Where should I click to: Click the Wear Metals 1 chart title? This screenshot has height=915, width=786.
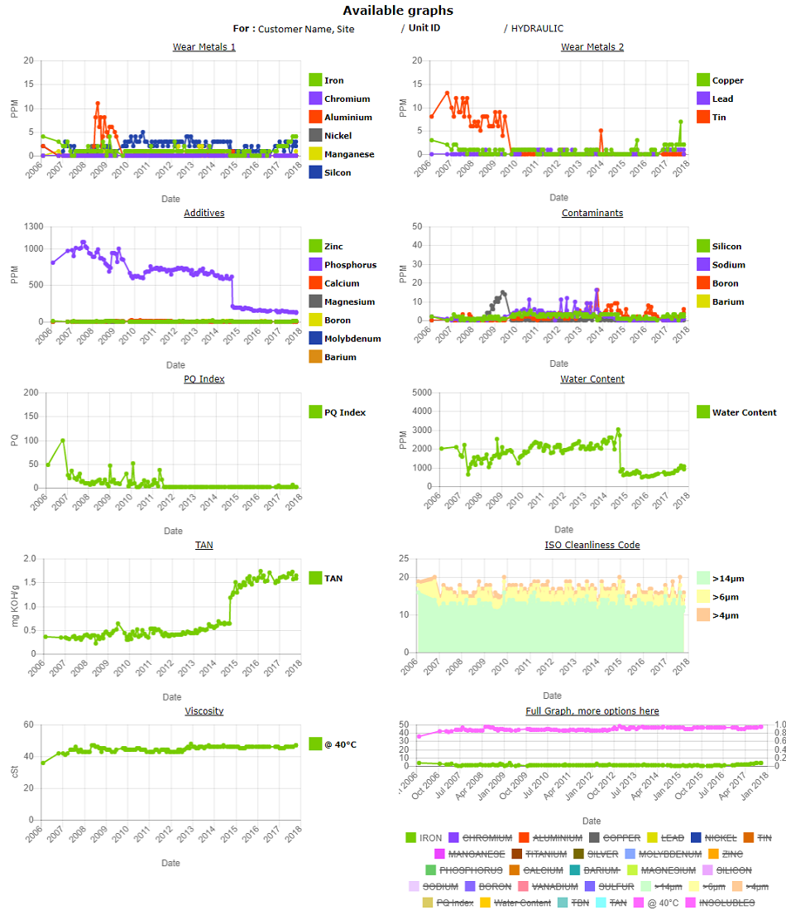pos(204,46)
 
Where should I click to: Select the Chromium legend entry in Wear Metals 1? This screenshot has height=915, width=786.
pos(347,99)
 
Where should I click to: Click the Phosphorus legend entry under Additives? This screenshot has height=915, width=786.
pos(350,265)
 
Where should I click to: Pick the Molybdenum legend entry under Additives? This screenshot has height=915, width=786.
pos(352,339)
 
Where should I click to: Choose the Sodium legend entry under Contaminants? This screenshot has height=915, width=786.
pos(728,265)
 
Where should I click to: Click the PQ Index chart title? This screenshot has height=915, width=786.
pos(204,378)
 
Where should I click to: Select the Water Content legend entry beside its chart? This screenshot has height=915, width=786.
pos(744,412)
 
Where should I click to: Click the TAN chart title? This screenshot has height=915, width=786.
pos(204,545)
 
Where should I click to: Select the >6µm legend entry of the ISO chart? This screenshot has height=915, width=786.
pos(725,597)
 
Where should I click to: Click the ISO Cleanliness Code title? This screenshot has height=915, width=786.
pos(592,545)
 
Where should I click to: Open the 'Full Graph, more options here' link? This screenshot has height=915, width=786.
pos(592,711)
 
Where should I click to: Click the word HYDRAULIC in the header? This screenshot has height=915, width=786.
pos(537,28)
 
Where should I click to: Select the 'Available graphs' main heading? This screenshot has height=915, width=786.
pos(398,11)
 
